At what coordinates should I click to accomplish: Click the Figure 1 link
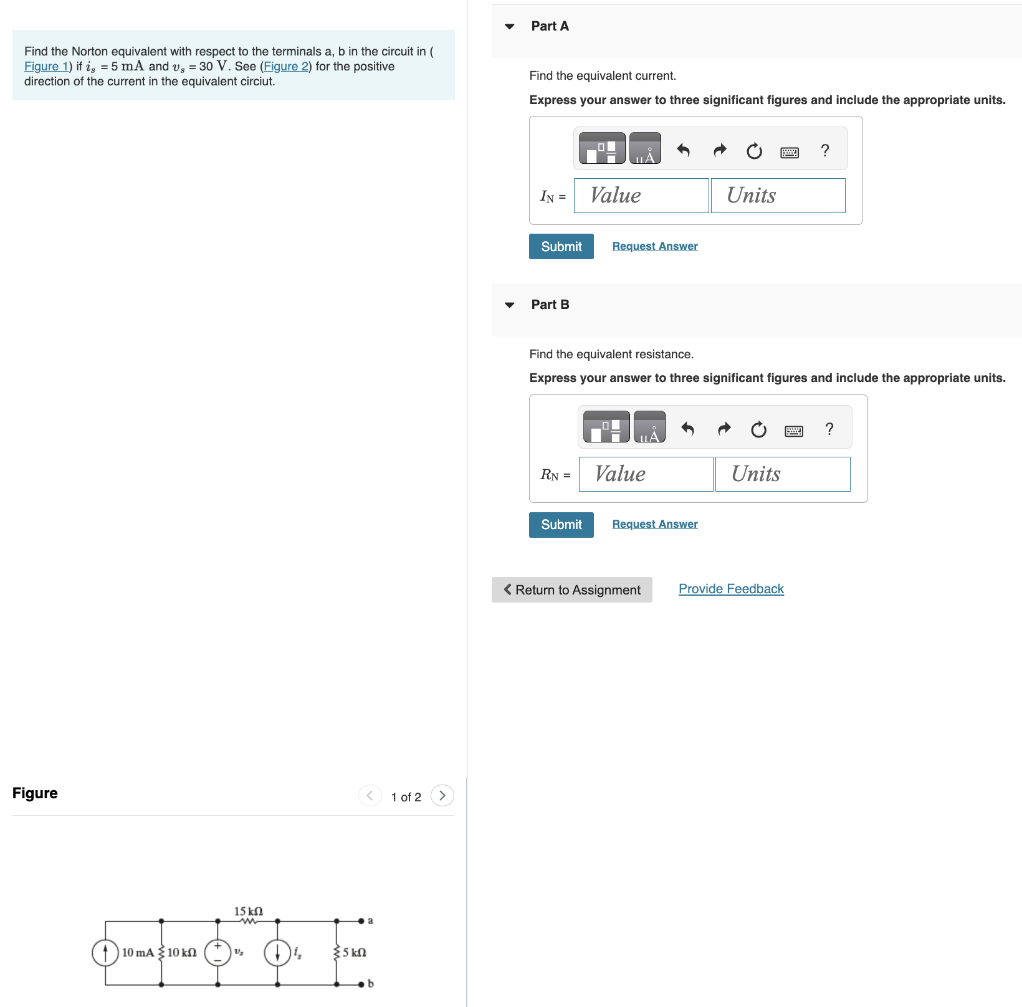pyautogui.click(x=45, y=67)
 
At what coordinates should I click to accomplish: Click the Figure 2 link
pyautogui.click(x=286, y=67)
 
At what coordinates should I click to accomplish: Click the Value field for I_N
pyautogui.click(x=641, y=196)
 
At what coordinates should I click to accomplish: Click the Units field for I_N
pyautogui.click(x=778, y=196)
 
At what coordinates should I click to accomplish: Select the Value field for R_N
pyautogui.click(x=646, y=474)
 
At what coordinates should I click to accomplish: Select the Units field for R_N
pyautogui.click(x=783, y=474)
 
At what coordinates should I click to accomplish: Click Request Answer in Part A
pyautogui.click(x=655, y=246)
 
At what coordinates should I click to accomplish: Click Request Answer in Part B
pyautogui.click(x=655, y=524)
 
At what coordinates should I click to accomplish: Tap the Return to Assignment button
pyautogui.click(x=572, y=589)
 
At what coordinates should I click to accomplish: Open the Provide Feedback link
pyautogui.click(x=731, y=589)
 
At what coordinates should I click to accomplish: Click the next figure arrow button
pyautogui.click(x=442, y=796)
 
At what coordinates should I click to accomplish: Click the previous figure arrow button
pyautogui.click(x=370, y=796)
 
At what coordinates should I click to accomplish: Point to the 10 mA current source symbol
pyautogui.click(x=105, y=953)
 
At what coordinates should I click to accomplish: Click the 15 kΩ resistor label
pyautogui.click(x=248, y=911)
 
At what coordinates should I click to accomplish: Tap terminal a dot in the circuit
pyautogui.click(x=361, y=920)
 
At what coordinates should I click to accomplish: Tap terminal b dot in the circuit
pyautogui.click(x=361, y=984)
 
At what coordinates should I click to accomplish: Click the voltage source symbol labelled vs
pyautogui.click(x=217, y=953)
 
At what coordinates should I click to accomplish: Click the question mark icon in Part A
pyautogui.click(x=825, y=150)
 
